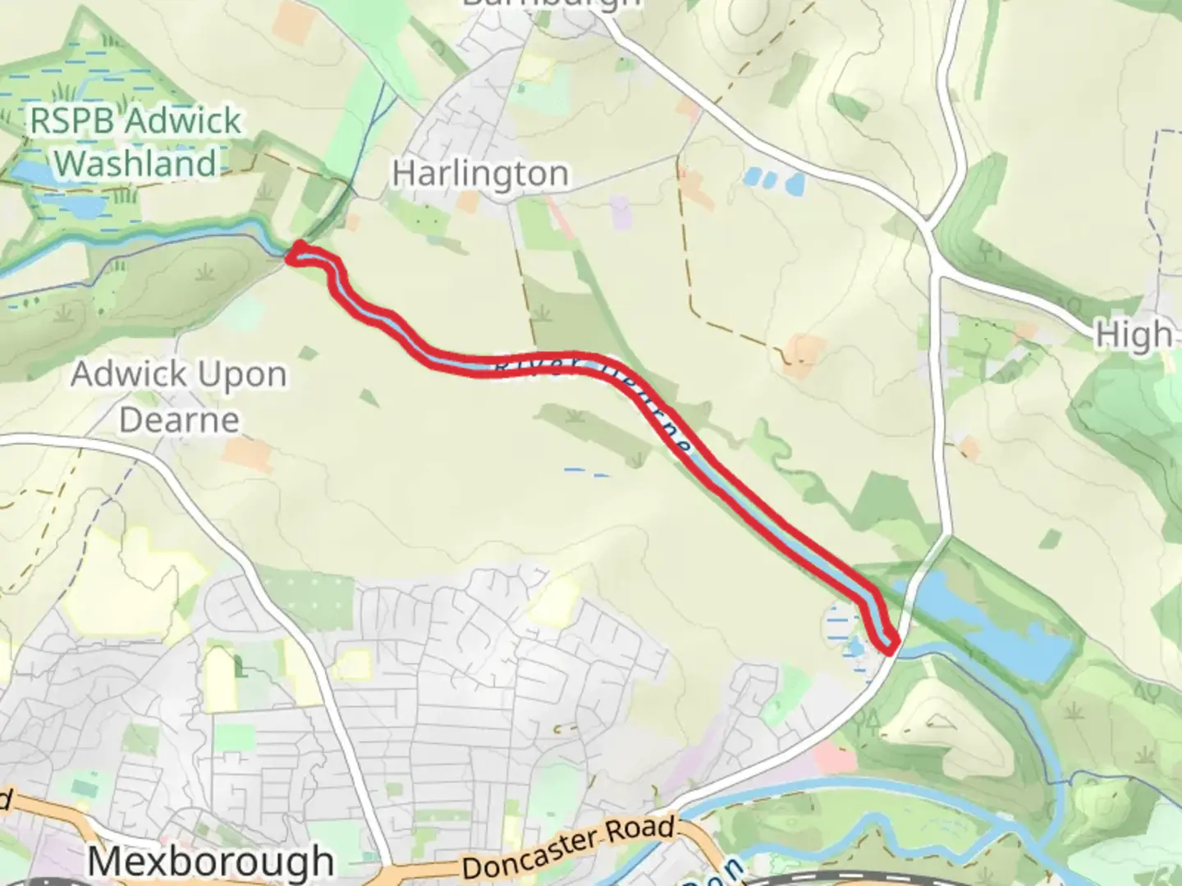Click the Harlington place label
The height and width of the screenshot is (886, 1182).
480,174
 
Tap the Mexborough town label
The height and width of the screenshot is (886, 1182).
210,861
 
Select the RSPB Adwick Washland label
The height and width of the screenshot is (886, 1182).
136,142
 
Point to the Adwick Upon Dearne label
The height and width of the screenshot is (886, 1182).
179,397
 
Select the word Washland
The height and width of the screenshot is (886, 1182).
136,163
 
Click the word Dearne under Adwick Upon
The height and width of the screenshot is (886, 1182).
179,420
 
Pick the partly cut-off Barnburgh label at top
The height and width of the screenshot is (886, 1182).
551,4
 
